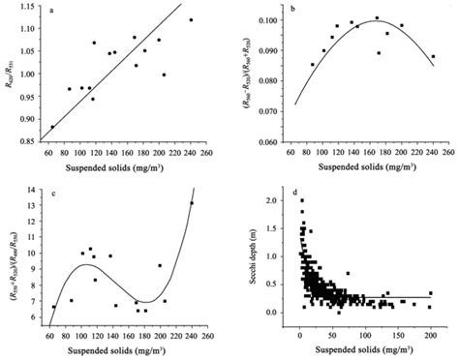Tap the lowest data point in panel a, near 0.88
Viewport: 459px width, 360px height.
[x=52, y=127]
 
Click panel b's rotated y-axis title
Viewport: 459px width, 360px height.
[x=248, y=73]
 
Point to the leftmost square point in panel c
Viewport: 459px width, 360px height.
[x=53, y=307]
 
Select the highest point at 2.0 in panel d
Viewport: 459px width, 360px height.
[x=301, y=201]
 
